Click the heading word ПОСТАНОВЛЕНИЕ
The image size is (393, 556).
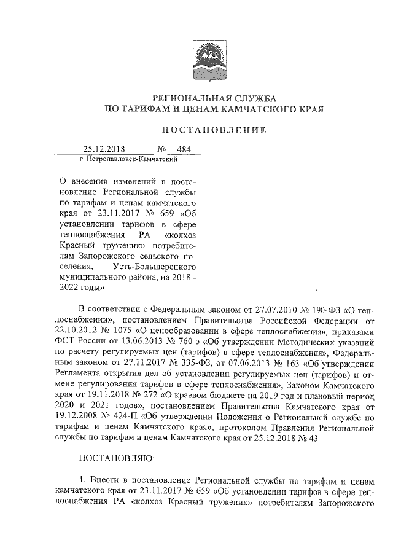click(x=213, y=130)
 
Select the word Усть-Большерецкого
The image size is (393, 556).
click(x=155, y=267)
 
